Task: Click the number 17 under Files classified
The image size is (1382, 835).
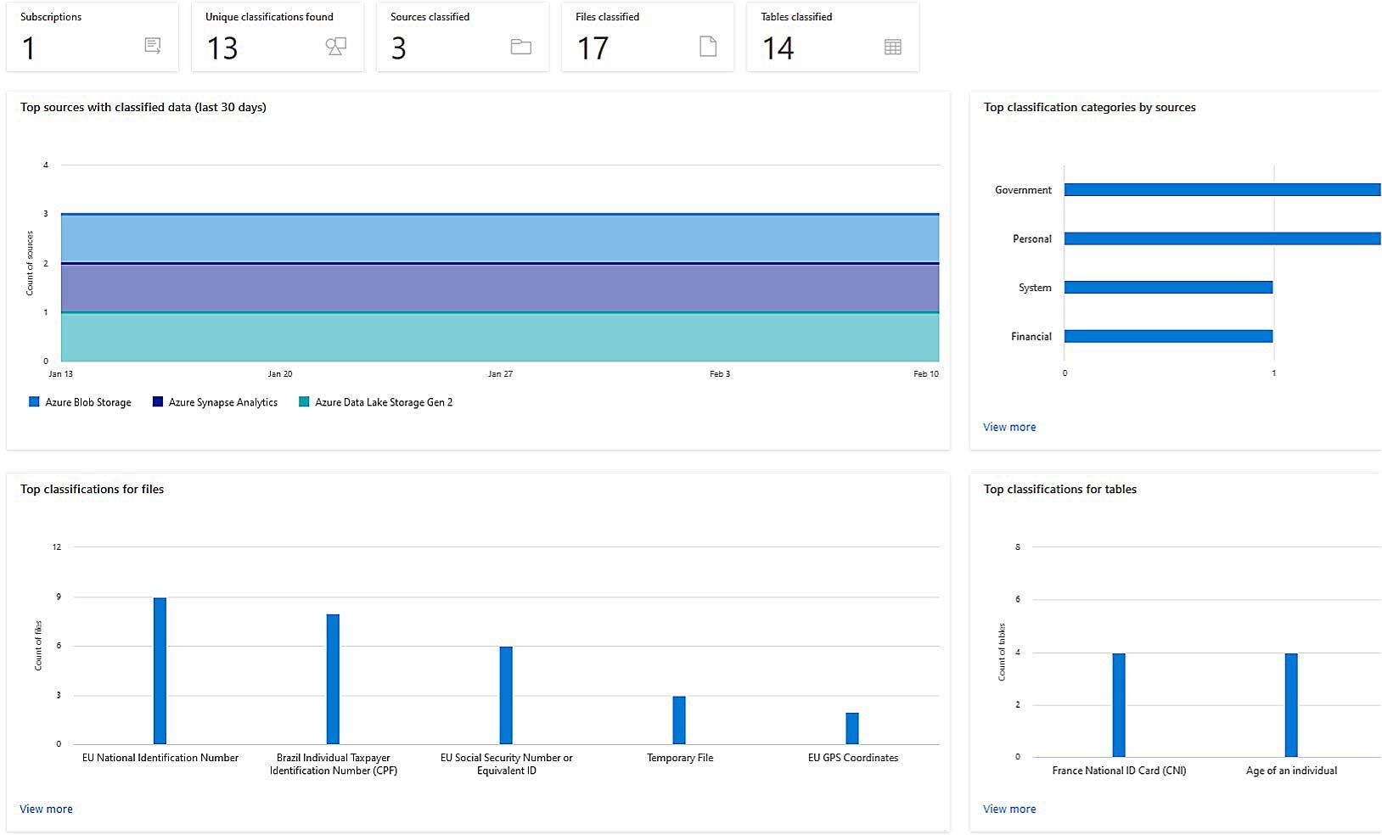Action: (593, 48)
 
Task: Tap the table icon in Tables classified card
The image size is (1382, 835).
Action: (892, 48)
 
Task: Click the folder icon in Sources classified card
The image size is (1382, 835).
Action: (520, 48)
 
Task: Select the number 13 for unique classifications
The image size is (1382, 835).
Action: (222, 48)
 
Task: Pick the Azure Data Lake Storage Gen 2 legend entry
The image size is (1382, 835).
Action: (375, 402)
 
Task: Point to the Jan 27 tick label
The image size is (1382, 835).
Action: (500, 373)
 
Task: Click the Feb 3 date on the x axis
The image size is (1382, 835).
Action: (719, 373)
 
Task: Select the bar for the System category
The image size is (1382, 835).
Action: (1168, 288)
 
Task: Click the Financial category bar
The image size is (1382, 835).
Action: (1168, 336)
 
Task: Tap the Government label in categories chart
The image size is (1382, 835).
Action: (1023, 190)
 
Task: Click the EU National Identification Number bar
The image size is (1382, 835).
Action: (160, 670)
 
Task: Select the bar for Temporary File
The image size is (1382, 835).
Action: (679, 720)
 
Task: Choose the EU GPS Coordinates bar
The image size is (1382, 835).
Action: (852, 728)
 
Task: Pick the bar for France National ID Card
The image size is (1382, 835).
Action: (1119, 704)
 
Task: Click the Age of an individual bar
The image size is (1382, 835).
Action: (1291, 704)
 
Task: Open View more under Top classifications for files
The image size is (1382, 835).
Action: (46, 809)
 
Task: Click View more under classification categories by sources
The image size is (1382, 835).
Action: (1009, 427)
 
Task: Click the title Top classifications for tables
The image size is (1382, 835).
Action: (1059, 489)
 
